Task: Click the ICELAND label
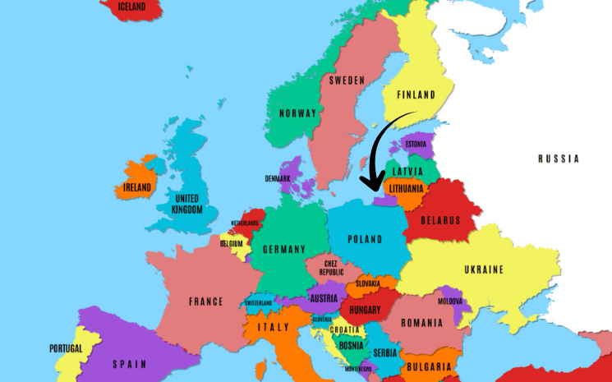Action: click(x=131, y=7)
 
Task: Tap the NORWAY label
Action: click(x=297, y=113)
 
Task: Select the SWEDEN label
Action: click(x=347, y=81)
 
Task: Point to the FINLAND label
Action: click(x=416, y=95)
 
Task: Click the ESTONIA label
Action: click(x=416, y=145)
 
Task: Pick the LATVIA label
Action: click(x=408, y=172)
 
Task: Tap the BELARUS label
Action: click(x=440, y=220)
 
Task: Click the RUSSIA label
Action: click(x=559, y=159)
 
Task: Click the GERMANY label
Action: click(x=283, y=249)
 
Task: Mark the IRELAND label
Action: click(x=137, y=187)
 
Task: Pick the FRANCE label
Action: click(x=205, y=301)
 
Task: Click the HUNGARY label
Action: click(x=365, y=311)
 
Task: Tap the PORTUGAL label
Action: click(x=65, y=348)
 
